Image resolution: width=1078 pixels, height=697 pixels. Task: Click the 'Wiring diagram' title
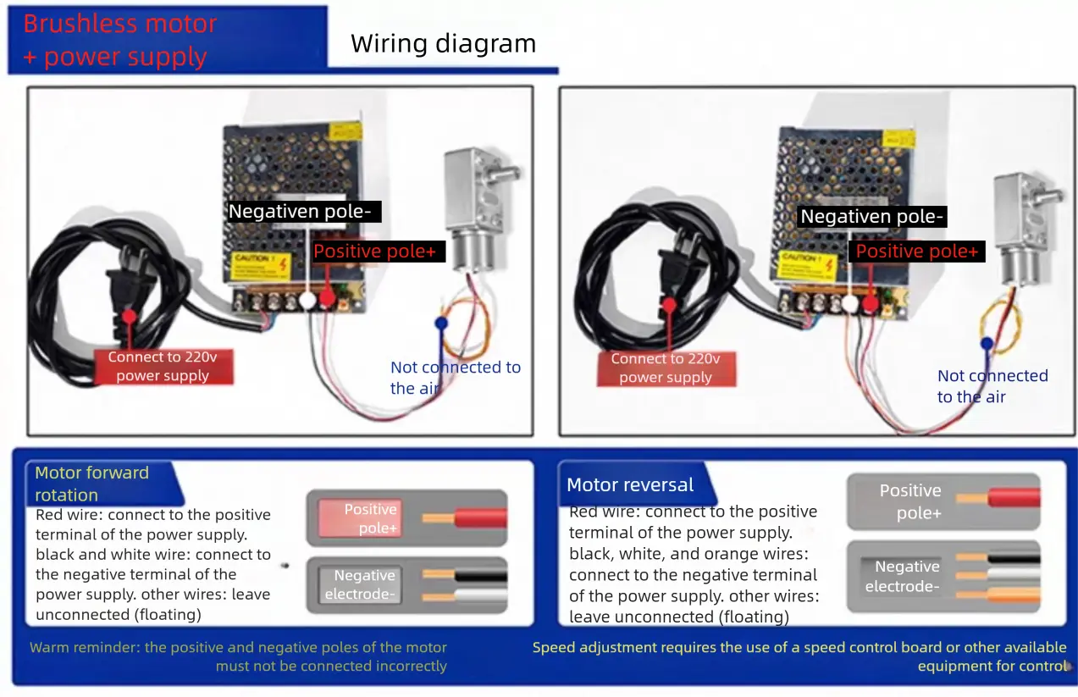[443, 43]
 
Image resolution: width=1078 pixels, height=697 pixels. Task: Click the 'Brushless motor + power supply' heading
[119, 40]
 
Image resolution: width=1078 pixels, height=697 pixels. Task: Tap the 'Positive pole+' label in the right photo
[916, 251]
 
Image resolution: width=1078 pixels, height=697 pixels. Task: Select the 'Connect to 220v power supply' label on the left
[162, 367]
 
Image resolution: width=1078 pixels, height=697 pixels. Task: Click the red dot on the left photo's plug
[129, 316]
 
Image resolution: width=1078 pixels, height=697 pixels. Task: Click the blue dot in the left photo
[440, 323]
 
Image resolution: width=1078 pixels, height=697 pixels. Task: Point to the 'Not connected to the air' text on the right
[992, 386]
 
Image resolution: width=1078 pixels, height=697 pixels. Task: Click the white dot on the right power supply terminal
[849, 303]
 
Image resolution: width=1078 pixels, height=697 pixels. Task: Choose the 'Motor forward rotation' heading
[91, 484]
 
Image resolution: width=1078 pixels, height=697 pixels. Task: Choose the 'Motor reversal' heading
[629, 485]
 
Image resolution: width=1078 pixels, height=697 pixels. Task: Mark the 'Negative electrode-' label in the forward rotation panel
[364, 584]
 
